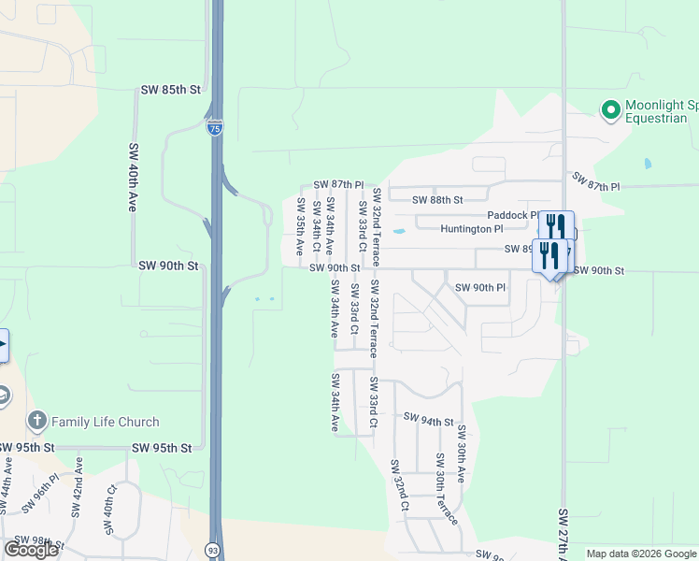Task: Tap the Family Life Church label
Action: (105, 422)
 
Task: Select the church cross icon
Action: (36, 421)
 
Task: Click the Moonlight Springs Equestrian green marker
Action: (610, 110)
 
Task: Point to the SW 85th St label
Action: (170, 90)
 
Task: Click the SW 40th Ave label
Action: (132, 177)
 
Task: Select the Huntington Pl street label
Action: (471, 228)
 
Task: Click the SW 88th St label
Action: (438, 200)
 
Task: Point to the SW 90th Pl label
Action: (480, 287)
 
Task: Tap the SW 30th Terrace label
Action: (446, 488)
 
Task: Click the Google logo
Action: (31, 550)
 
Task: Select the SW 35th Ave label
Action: (300, 226)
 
